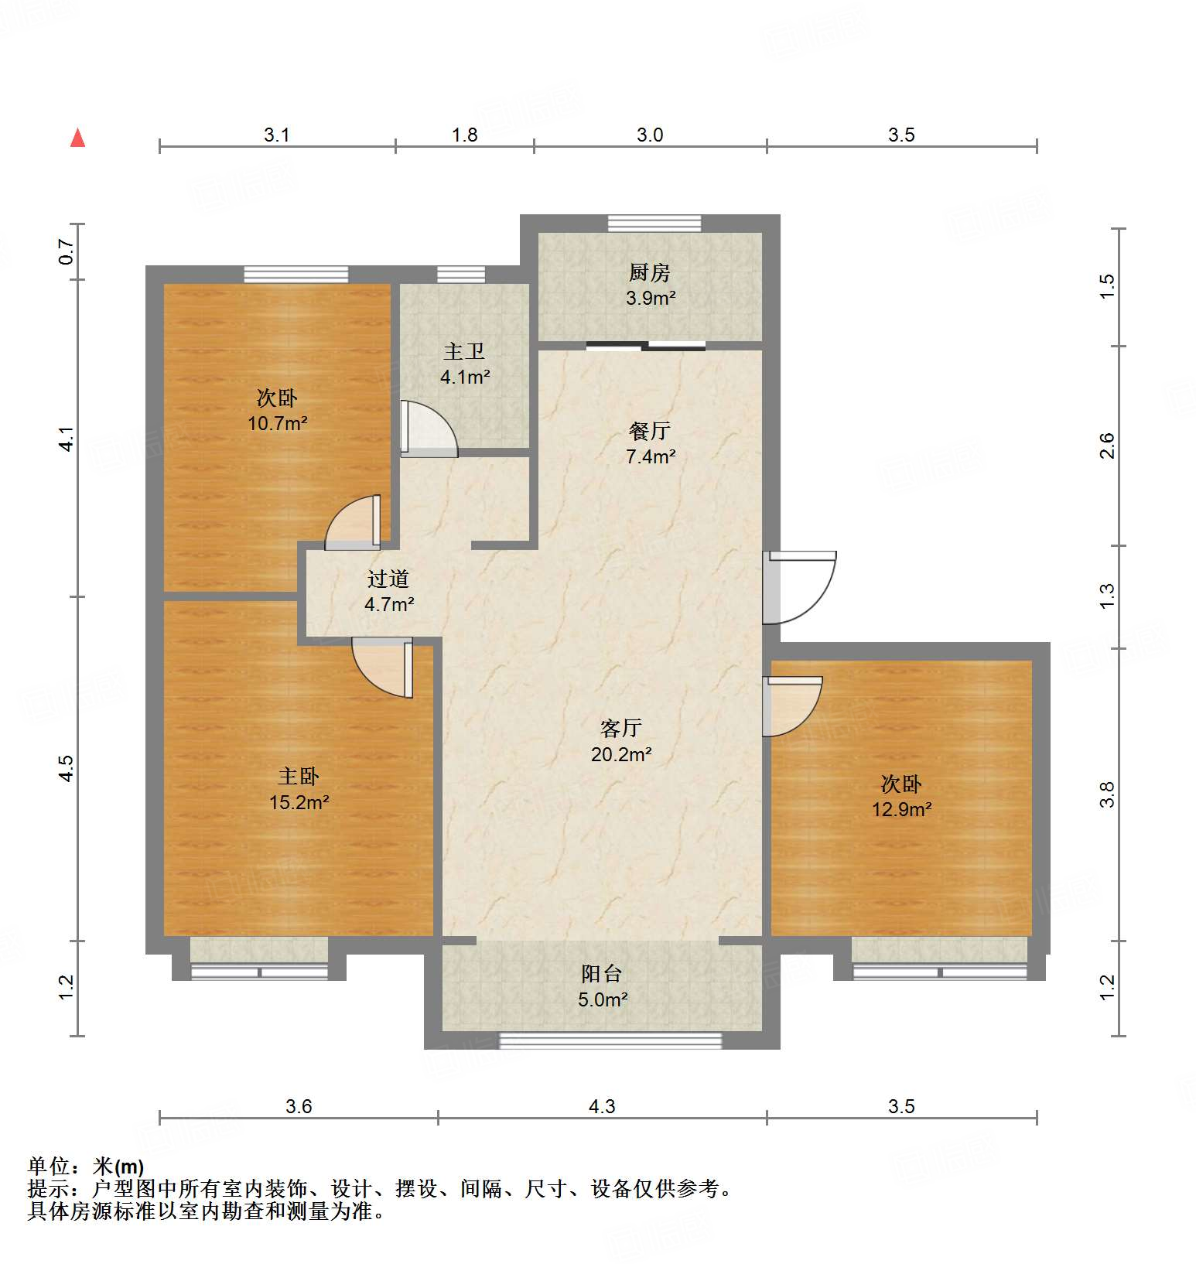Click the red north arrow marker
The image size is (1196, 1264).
tap(77, 138)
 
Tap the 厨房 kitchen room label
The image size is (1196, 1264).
tap(649, 272)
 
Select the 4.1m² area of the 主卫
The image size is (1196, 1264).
tap(465, 377)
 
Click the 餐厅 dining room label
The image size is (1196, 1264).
tap(649, 431)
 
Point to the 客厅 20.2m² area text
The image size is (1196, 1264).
tap(620, 754)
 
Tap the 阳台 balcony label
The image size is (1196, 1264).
tap(601, 973)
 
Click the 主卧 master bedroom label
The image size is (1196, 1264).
tap(299, 776)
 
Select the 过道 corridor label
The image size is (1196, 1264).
tap(388, 579)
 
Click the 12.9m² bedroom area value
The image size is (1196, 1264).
tap(901, 810)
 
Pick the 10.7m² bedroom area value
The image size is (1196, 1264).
tap(277, 423)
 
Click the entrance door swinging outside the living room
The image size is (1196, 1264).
tap(801, 588)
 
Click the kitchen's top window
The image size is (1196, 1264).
tap(654, 223)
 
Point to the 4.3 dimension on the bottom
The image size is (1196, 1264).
tap(601, 1106)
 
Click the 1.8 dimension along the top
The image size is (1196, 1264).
tap(464, 135)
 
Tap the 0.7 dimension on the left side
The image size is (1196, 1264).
tap(67, 251)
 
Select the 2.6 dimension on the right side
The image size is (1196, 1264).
tap(1107, 446)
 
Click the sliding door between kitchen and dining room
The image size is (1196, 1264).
tap(645, 346)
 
